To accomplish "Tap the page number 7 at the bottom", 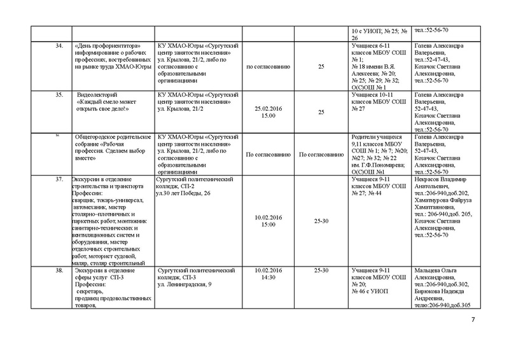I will pos(473,328).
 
